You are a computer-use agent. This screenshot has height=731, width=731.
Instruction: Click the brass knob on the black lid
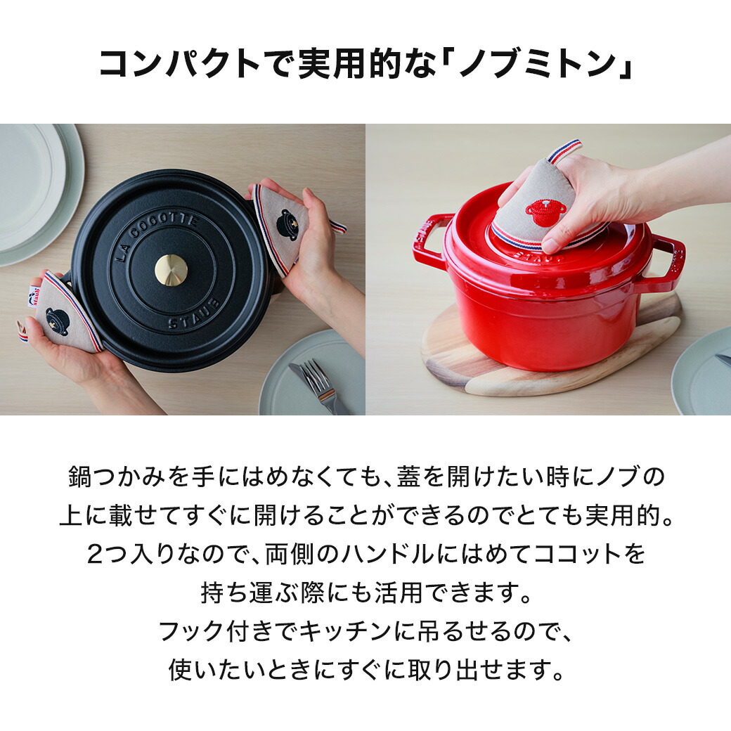point(171,270)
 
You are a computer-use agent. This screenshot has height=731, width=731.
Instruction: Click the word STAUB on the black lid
point(193,315)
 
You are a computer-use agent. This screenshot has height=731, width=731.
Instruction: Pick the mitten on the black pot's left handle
point(67,312)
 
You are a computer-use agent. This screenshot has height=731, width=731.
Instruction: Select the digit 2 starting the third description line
point(94,555)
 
